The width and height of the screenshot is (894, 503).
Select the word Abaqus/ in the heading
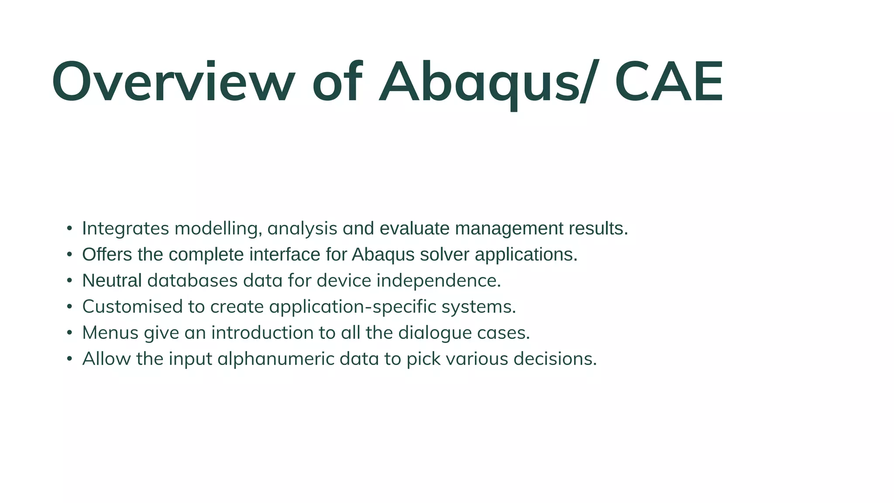point(487,82)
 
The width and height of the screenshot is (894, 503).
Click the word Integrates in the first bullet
point(126,228)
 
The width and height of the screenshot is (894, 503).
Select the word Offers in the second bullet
point(107,255)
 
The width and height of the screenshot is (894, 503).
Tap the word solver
point(445,255)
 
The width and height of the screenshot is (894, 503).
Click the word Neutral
point(112,280)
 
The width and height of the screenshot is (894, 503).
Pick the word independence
point(438,280)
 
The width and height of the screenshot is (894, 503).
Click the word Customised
point(132,307)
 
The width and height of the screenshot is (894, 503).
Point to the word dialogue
point(435,333)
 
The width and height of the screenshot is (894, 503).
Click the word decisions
point(555,359)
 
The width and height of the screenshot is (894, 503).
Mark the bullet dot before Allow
point(69,359)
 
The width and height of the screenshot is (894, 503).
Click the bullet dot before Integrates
point(69,228)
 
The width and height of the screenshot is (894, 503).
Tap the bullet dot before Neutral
point(69,280)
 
